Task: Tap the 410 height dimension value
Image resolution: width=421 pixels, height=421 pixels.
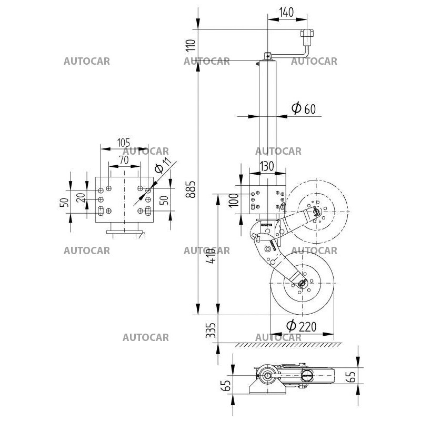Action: click(x=210, y=255)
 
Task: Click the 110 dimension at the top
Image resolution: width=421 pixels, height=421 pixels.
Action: click(x=191, y=48)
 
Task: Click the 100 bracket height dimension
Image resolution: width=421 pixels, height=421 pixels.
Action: click(x=234, y=200)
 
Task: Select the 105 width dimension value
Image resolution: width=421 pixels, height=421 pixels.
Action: click(x=123, y=143)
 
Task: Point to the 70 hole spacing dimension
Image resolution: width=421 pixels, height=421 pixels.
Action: click(x=124, y=159)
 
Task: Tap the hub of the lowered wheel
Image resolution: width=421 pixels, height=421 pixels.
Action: click(x=302, y=284)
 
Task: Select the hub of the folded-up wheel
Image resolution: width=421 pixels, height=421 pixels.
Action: click(x=317, y=212)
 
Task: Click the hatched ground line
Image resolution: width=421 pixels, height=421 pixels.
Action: click(x=287, y=345)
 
